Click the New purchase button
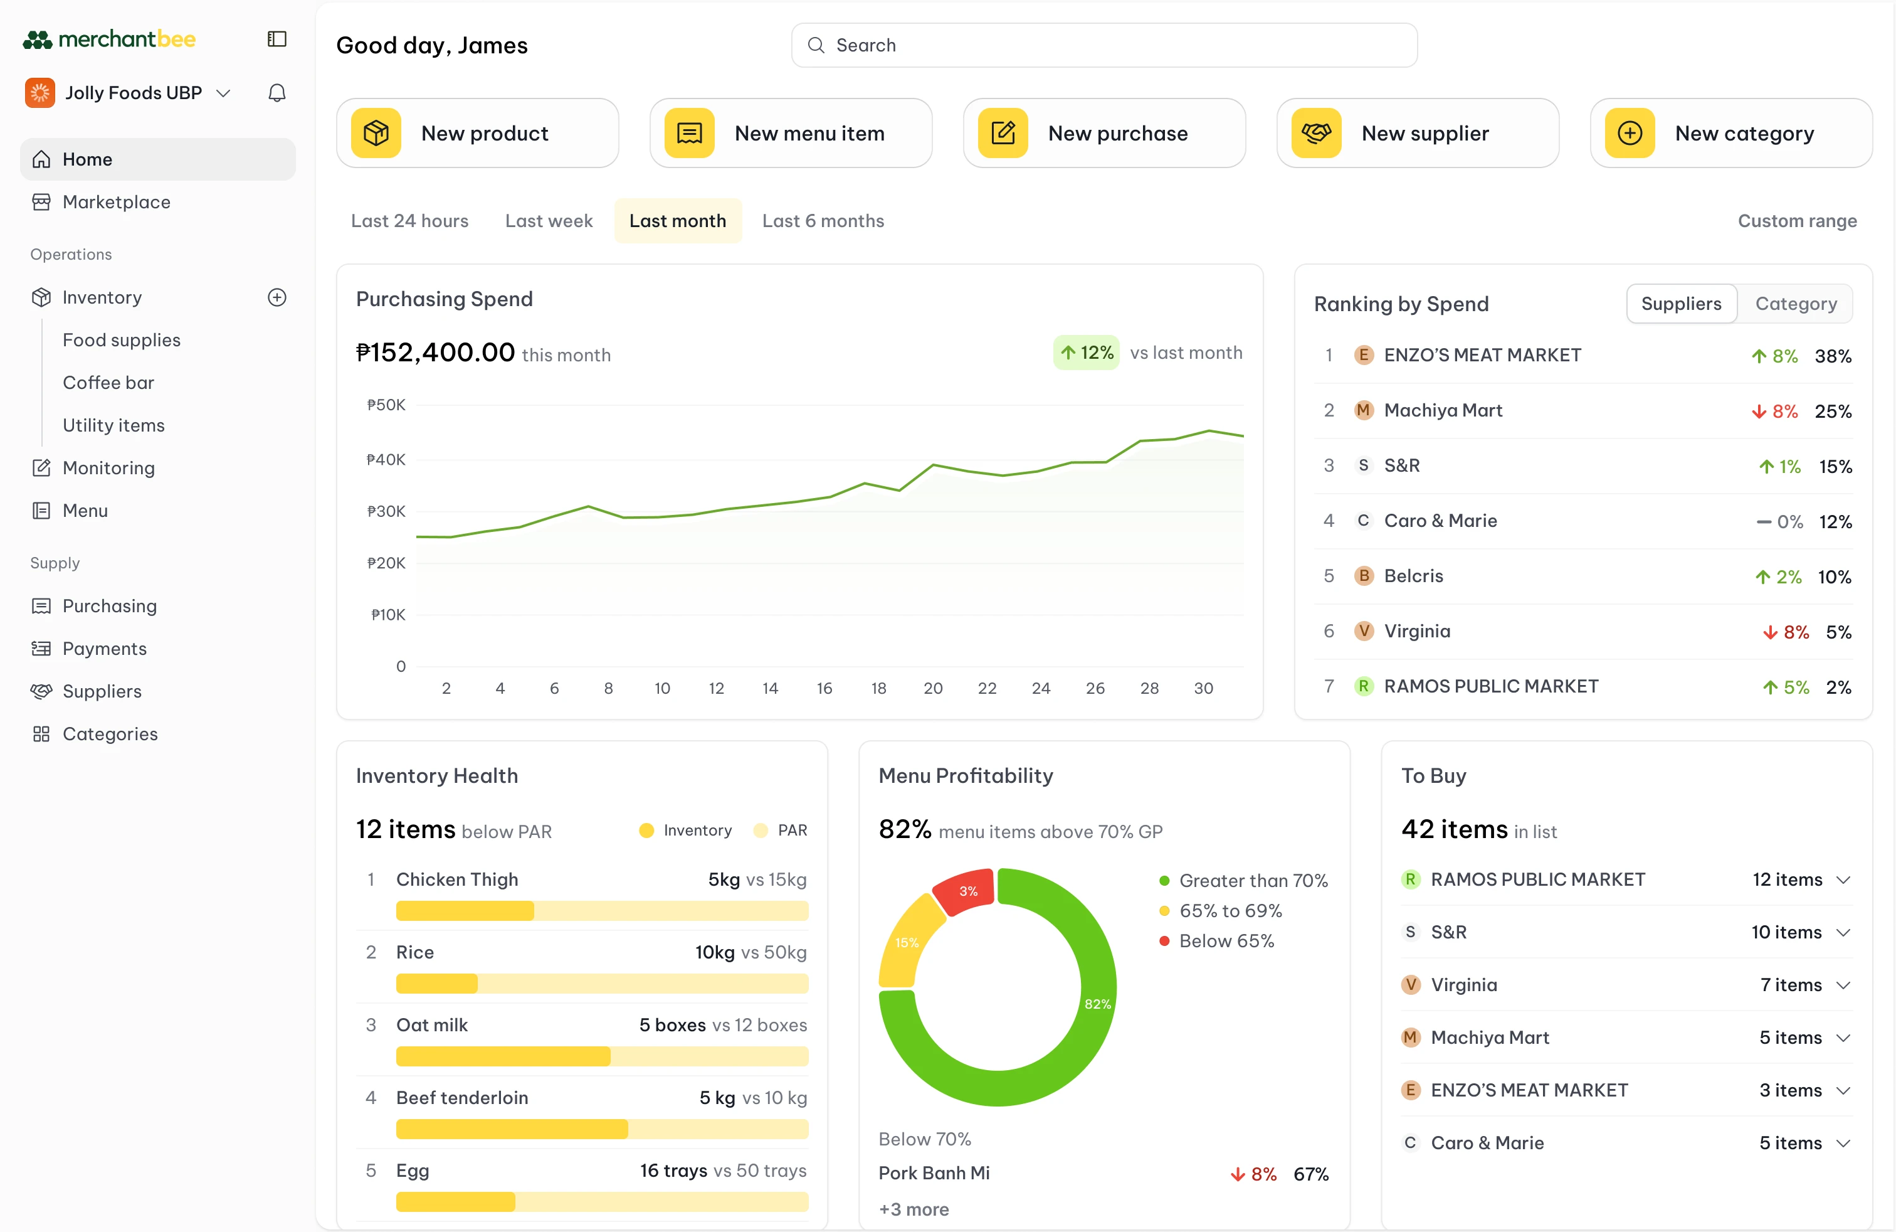(x=1103, y=133)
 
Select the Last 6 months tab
(x=823, y=221)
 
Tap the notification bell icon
(x=276, y=93)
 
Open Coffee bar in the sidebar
(x=108, y=383)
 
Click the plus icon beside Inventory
(x=276, y=297)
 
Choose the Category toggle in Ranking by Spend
(x=1796, y=304)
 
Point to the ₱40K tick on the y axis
(x=386, y=460)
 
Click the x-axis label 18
(x=878, y=688)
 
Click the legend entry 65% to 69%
(x=1230, y=911)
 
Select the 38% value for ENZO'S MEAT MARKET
(x=1832, y=356)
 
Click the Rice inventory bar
(x=601, y=984)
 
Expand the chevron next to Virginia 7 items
(x=1843, y=985)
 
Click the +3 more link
(x=913, y=1209)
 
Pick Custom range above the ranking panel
(x=1796, y=221)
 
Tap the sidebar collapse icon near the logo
(x=276, y=39)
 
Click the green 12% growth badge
(x=1087, y=353)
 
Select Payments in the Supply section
(x=104, y=649)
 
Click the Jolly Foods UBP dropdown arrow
(x=224, y=93)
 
